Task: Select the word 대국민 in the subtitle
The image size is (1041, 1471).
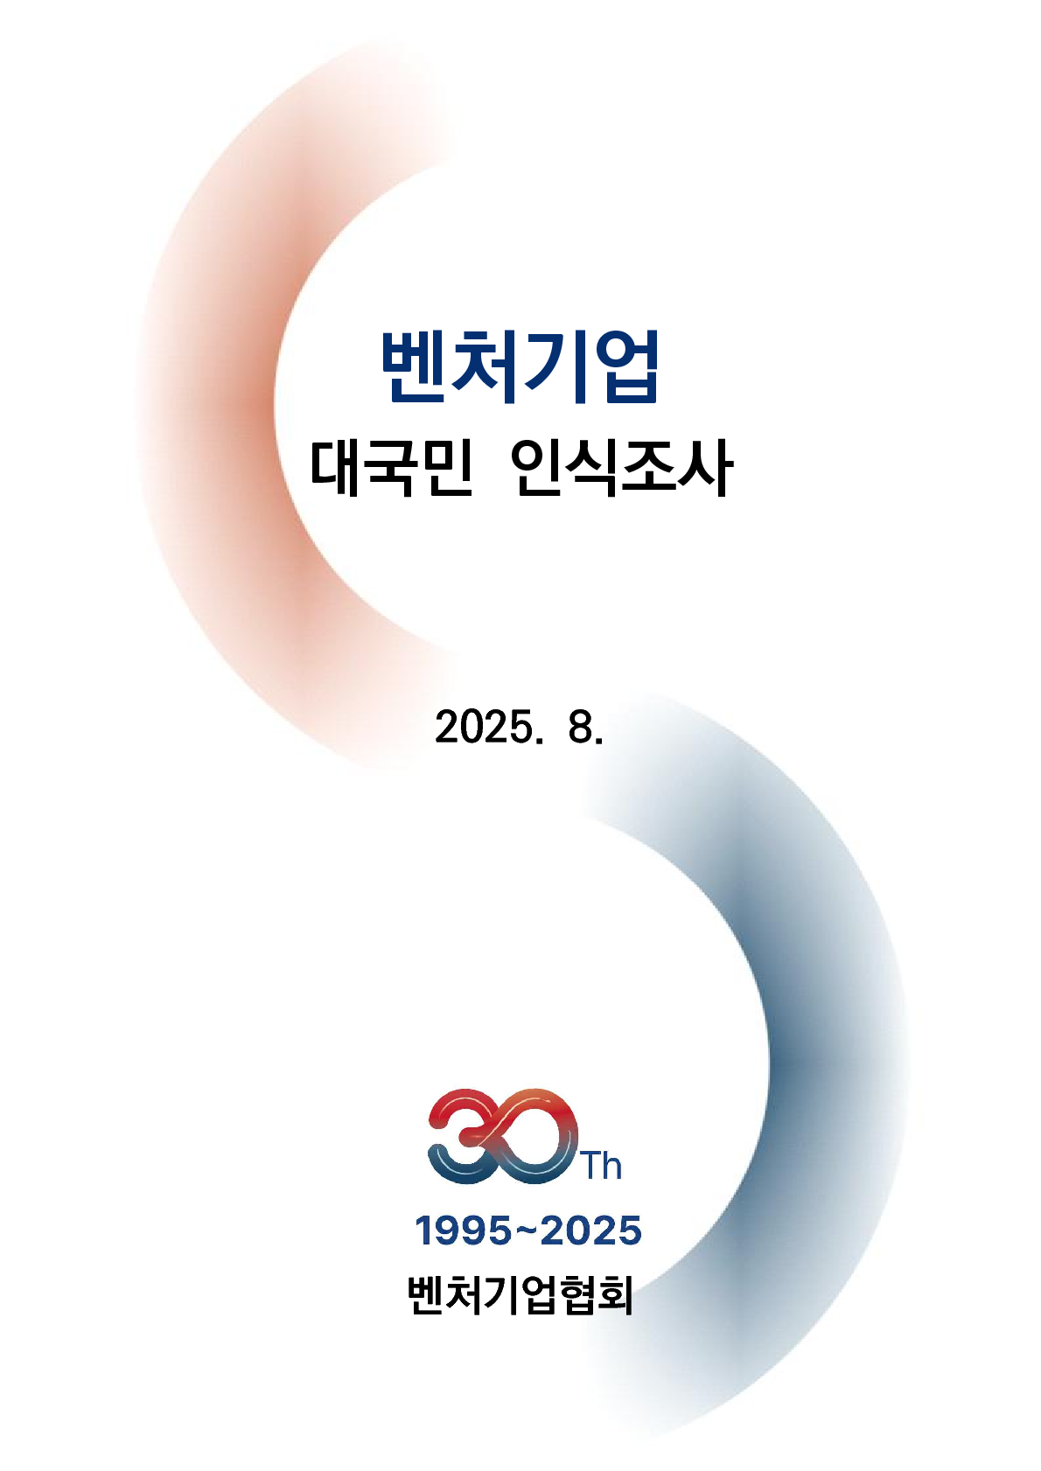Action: pyautogui.click(x=391, y=468)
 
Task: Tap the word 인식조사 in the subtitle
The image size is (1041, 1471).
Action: pyautogui.click(x=621, y=468)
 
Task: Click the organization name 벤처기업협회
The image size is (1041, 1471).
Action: pyautogui.click(x=520, y=1296)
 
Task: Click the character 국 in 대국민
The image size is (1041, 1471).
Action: pyautogui.click(x=391, y=468)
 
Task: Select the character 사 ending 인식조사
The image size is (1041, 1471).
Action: pyautogui.click(x=706, y=468)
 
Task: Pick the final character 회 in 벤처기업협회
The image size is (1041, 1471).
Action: pyautogui.click(x=615, y=1296)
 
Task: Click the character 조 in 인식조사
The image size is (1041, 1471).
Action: pyautogui.click(x=650, y=468)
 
